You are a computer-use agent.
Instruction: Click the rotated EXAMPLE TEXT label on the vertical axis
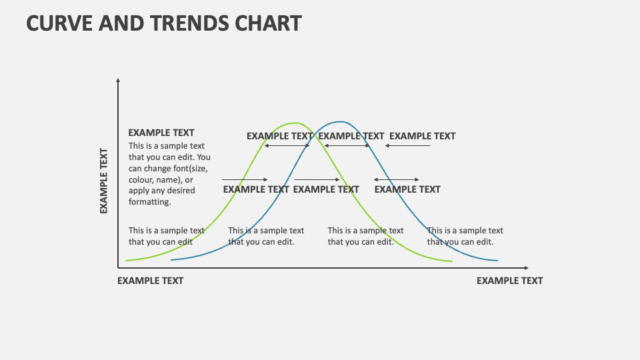pyautogui.click(x=104, y=181)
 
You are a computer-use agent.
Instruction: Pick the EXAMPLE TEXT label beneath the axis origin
pyautogui.click(x=150, y=281)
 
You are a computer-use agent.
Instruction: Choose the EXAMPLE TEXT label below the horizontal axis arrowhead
pyautogui.click(x=509, y=281)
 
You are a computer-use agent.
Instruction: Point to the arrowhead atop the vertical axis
pyautogui.click(x=118, y=81)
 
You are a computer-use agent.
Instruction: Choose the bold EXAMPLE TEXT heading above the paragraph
pyautogui.click(x=161, y=133)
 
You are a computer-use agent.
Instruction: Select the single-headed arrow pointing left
pyautogui.click(x=408, y=146)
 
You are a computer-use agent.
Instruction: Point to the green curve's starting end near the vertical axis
pyautogui.click(x=127, y=261)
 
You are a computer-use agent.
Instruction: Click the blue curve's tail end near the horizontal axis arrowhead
pyautogui.click(x=497, y=261)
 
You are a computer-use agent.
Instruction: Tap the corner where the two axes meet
pyautogui.click(x=118, y=268)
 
